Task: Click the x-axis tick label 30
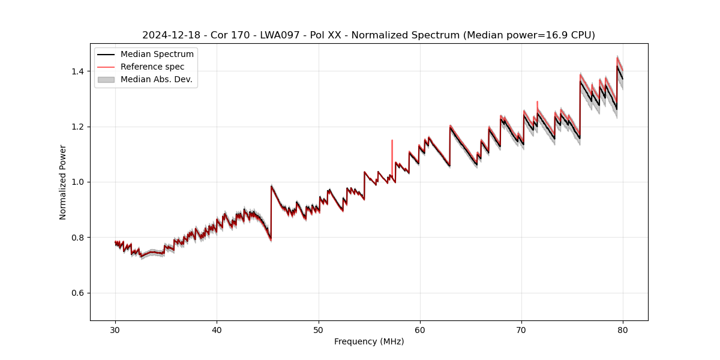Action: (x=115, y=329)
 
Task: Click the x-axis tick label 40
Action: (x=217, y=329)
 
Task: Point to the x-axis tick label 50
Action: (x=319, y=329)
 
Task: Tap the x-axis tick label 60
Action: (x=420, y=329)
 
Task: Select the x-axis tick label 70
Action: (x=521, y=329)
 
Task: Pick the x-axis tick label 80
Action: (x=623, y=329)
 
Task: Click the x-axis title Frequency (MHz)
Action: (x=369, y=341)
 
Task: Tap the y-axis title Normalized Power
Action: (x=63, y=182)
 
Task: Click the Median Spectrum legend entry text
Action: (x=157, y=55)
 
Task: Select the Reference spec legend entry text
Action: (x=152, y=67)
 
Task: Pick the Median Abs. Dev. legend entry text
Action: (x=156, y=79)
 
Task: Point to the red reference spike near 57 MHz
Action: (x=392, y=150)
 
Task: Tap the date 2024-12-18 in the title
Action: (x=169, y=35)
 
